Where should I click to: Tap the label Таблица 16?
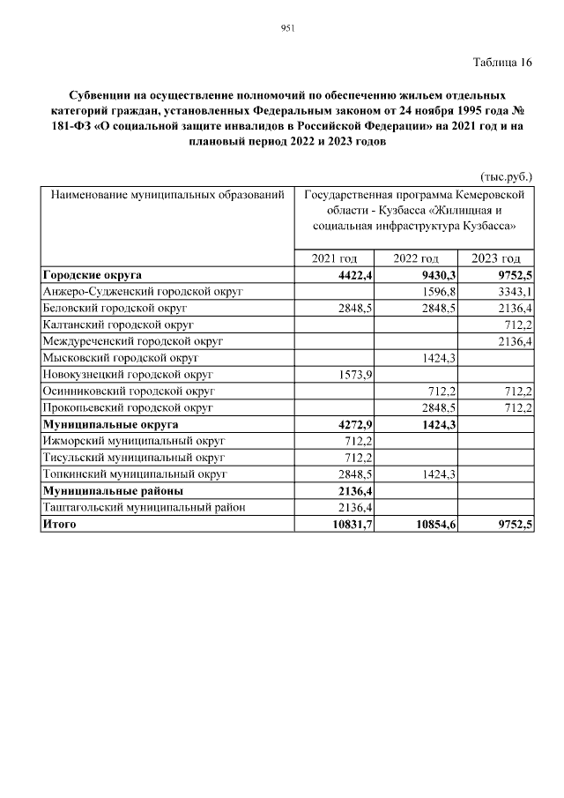(502, 63)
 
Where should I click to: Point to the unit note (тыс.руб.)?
(506, 176)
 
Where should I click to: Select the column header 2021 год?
(335, 258)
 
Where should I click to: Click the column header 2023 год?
(496, 258)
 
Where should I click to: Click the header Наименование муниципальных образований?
(167, 193)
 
